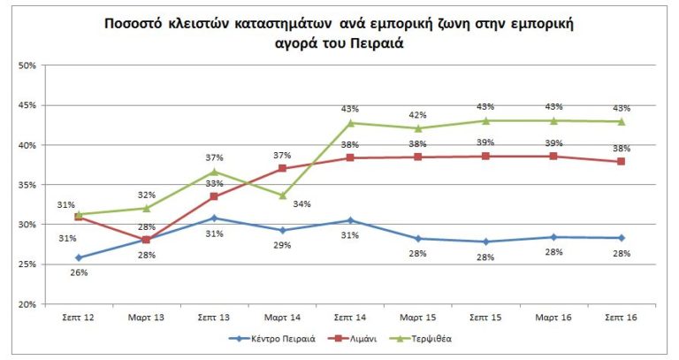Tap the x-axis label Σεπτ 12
(x=79, y=316)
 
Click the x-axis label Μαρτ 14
(x=283, y=316)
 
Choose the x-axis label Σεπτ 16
(x=622, y=316)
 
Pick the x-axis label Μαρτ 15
(x=418, y=316)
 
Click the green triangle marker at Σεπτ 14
(x=350, y=123)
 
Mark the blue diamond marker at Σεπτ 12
(x=79, y=257)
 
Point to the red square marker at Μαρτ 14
(x=283, y=168)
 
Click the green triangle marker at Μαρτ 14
(x=283, y=195)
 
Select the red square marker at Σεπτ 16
(x=622, y=162)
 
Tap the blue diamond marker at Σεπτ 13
(x=215, y=218)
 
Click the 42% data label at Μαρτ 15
(x=418, y=114)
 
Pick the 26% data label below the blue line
(x=79, y=272)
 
